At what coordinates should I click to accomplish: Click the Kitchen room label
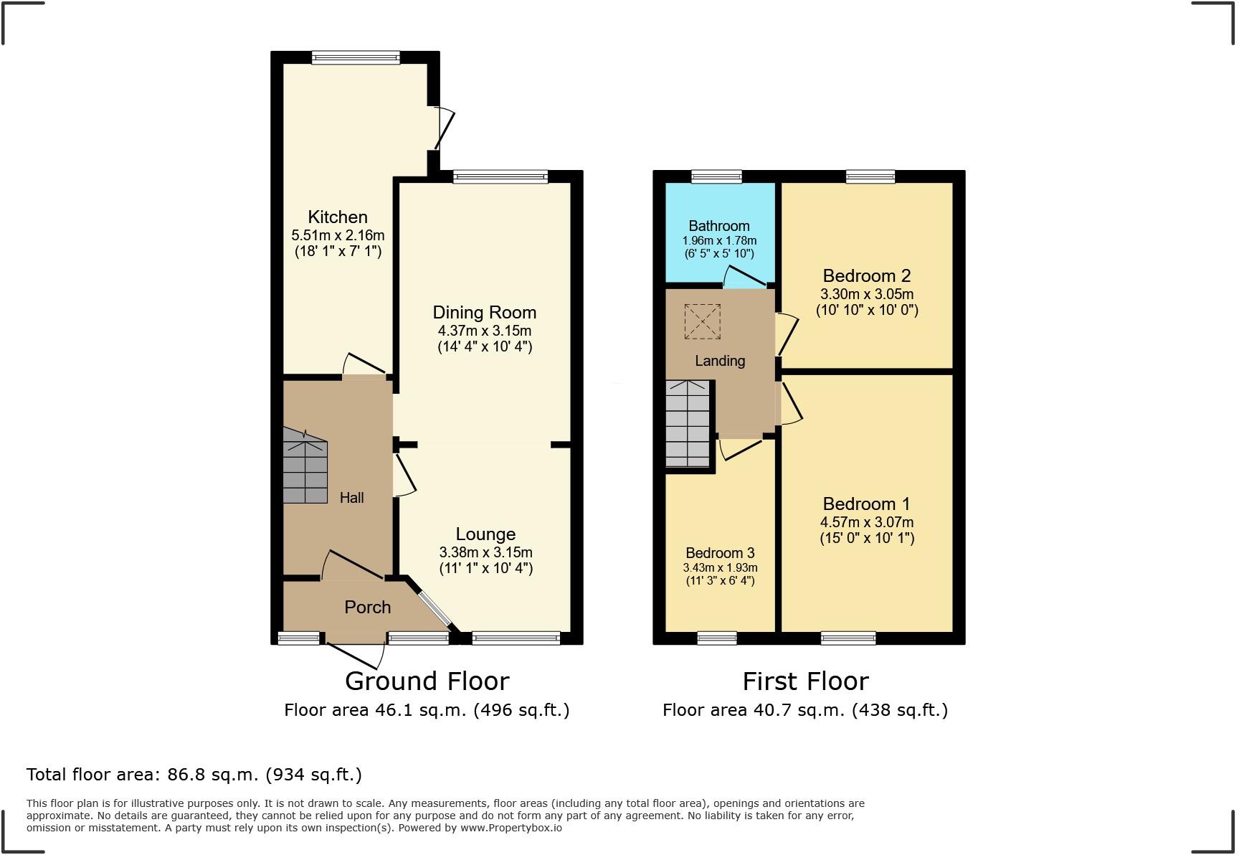coord(338,217)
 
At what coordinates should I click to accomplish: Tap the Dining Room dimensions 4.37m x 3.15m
coord(485,331)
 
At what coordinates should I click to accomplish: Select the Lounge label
coord(485,534)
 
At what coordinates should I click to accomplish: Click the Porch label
coord(367,607)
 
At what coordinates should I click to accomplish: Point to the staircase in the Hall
coord(305,467)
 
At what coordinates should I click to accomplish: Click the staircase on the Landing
coord(688,424)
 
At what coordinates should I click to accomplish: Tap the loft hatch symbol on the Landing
coord(702,321)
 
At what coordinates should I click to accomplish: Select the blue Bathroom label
coord(719,226)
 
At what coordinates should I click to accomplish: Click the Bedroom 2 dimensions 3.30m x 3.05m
coord(867,294)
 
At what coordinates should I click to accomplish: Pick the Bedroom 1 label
coord(867,504)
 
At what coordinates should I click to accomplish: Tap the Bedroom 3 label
coord(720,552)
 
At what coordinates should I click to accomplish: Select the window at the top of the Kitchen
coord(356,58)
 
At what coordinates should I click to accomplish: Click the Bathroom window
coord(716,176)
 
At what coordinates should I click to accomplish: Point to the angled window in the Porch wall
coord(435,608)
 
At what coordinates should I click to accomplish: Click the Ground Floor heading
coord(427,681)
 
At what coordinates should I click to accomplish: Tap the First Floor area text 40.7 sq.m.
coord(805,710)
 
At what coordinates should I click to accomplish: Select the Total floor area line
coord(194,775)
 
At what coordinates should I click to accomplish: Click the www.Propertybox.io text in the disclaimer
coord(511,828)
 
